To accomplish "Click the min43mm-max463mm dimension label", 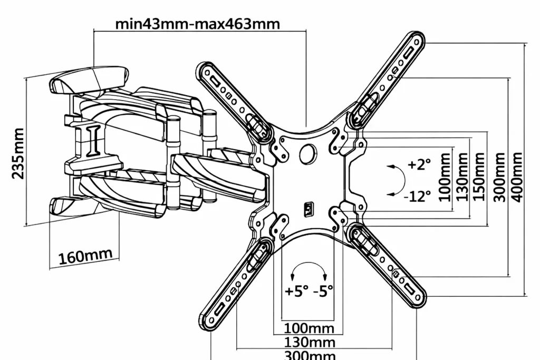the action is point(197,24).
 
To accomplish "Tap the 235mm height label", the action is point(18,153).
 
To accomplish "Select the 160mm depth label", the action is point(85,256).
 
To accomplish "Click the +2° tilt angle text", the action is point(419,164).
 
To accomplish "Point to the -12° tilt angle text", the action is point(417,196).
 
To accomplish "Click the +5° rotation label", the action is point(296,291).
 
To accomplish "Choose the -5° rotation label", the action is point(323,291).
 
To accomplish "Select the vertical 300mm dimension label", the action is point(499,177).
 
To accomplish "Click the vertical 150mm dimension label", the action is point(479,176).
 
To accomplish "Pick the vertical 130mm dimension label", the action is point(462,176).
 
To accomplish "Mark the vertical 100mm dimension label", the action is point(445,177).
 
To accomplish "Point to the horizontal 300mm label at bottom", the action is point(310,355).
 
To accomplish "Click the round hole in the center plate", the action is point(308,154).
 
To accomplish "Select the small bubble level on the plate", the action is point(309,210).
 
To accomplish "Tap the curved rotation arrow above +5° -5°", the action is point(309,264).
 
